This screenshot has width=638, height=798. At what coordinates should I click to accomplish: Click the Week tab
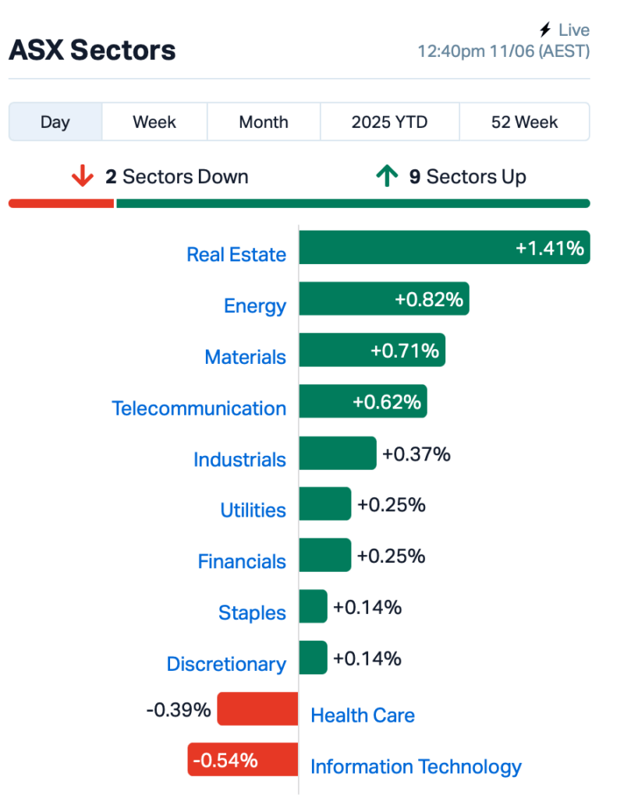(x=154, y=122)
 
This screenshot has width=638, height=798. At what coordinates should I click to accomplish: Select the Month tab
(x=264, y=122)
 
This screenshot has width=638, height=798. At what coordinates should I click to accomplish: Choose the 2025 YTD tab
(x=389, y=122)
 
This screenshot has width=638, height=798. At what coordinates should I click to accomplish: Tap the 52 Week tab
(x=524, y=122)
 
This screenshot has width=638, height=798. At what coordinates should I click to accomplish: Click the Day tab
(x=55, y=122)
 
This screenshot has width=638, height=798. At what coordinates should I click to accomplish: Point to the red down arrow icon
(x=82, y=176)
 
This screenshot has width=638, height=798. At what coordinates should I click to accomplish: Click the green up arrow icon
(x=387, y=176)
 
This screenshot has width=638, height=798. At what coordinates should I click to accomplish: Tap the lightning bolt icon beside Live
(x=545, y=30)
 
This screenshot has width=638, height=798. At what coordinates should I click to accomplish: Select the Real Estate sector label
(x=236, y=255)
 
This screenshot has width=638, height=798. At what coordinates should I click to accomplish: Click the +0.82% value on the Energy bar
(x=429, y=299)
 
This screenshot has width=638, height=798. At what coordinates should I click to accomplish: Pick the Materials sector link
(x=245, y=357)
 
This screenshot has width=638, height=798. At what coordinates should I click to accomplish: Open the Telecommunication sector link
(x=199, y=408)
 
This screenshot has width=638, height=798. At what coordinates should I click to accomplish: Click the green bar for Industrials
(x=338, y=453)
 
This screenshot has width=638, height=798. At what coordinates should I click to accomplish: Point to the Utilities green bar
(x=325, y=504)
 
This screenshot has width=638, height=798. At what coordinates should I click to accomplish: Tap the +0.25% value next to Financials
(x=391, y=556)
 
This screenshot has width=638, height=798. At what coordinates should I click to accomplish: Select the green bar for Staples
(x=313, y=606)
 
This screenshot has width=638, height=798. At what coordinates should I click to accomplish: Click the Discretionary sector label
(x=226, y=664)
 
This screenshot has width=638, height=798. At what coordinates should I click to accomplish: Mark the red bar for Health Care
(x=257, y=708)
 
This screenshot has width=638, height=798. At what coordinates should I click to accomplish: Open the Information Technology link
(x=416, y=767)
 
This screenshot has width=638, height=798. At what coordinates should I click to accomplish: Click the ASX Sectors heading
(x=92, y=50)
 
